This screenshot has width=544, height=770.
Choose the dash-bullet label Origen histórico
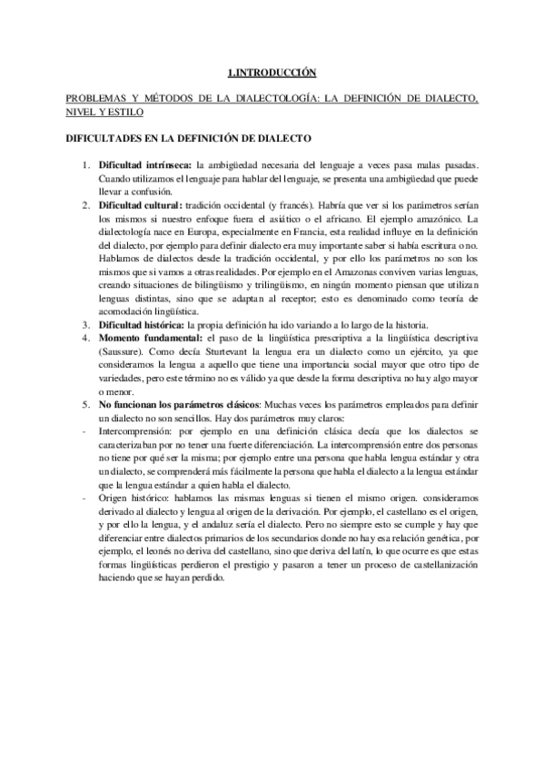[135, 499]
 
